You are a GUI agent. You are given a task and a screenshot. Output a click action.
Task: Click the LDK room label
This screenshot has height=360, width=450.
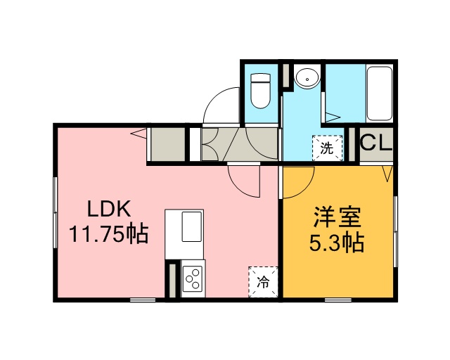point(108,208)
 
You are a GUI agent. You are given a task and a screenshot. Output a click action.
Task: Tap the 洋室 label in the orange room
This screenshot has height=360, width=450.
point(337,217)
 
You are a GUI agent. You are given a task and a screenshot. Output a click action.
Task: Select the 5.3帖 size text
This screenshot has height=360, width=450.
point(337,243)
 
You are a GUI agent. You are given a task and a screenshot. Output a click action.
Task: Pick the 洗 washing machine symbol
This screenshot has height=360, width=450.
point(327,148)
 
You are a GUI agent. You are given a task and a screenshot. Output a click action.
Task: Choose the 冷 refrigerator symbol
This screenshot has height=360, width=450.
point(263,282)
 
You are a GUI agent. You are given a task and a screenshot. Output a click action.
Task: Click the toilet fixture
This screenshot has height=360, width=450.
point(260,91)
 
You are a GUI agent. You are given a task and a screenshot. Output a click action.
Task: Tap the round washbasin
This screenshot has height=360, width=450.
point(307,77)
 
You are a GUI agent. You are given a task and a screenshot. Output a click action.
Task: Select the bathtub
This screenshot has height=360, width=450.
point(380,94)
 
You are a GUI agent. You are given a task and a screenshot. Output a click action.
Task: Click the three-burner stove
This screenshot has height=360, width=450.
point(193,278)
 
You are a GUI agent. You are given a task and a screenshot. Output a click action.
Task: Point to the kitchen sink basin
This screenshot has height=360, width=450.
point(191,226)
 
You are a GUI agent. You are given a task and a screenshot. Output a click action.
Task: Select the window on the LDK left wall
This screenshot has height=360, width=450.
point(55,212)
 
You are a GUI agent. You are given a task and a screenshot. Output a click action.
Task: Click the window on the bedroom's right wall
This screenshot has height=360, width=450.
point(395,231)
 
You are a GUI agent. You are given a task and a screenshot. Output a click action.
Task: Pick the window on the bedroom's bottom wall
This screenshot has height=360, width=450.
point(338,300)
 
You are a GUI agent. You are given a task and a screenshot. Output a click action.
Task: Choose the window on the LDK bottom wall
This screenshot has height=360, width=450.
point(143,300)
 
